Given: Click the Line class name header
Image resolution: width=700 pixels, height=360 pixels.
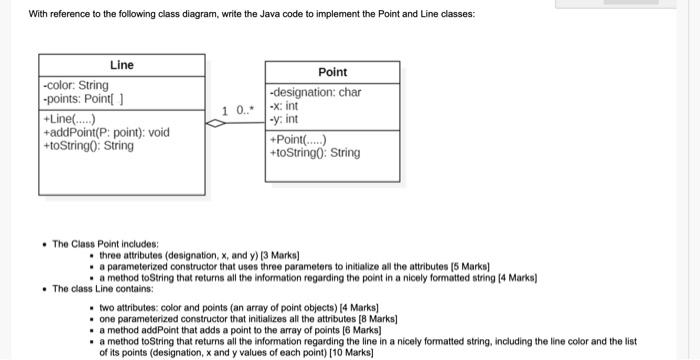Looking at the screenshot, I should (x=122, y=65).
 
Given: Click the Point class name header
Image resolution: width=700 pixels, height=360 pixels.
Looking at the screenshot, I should (x=332, y=72).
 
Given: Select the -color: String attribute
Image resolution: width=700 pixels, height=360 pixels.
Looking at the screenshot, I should (x=76, y=86).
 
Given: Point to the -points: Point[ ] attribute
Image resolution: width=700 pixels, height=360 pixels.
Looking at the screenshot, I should (x=81, y=99).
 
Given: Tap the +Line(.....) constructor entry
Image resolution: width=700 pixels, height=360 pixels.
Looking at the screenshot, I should (x=70, y=119).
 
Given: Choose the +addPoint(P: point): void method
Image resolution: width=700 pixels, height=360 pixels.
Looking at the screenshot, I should (x=106, y=132).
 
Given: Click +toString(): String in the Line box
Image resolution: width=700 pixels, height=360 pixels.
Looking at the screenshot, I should (x=88, y=146).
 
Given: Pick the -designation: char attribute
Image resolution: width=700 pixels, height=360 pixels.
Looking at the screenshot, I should (x=315, y=93).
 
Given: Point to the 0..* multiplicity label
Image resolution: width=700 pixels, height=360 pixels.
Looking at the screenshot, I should (x=245, y=109).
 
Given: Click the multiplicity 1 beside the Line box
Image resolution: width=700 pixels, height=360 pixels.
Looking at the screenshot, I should (x=225, y=109).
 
